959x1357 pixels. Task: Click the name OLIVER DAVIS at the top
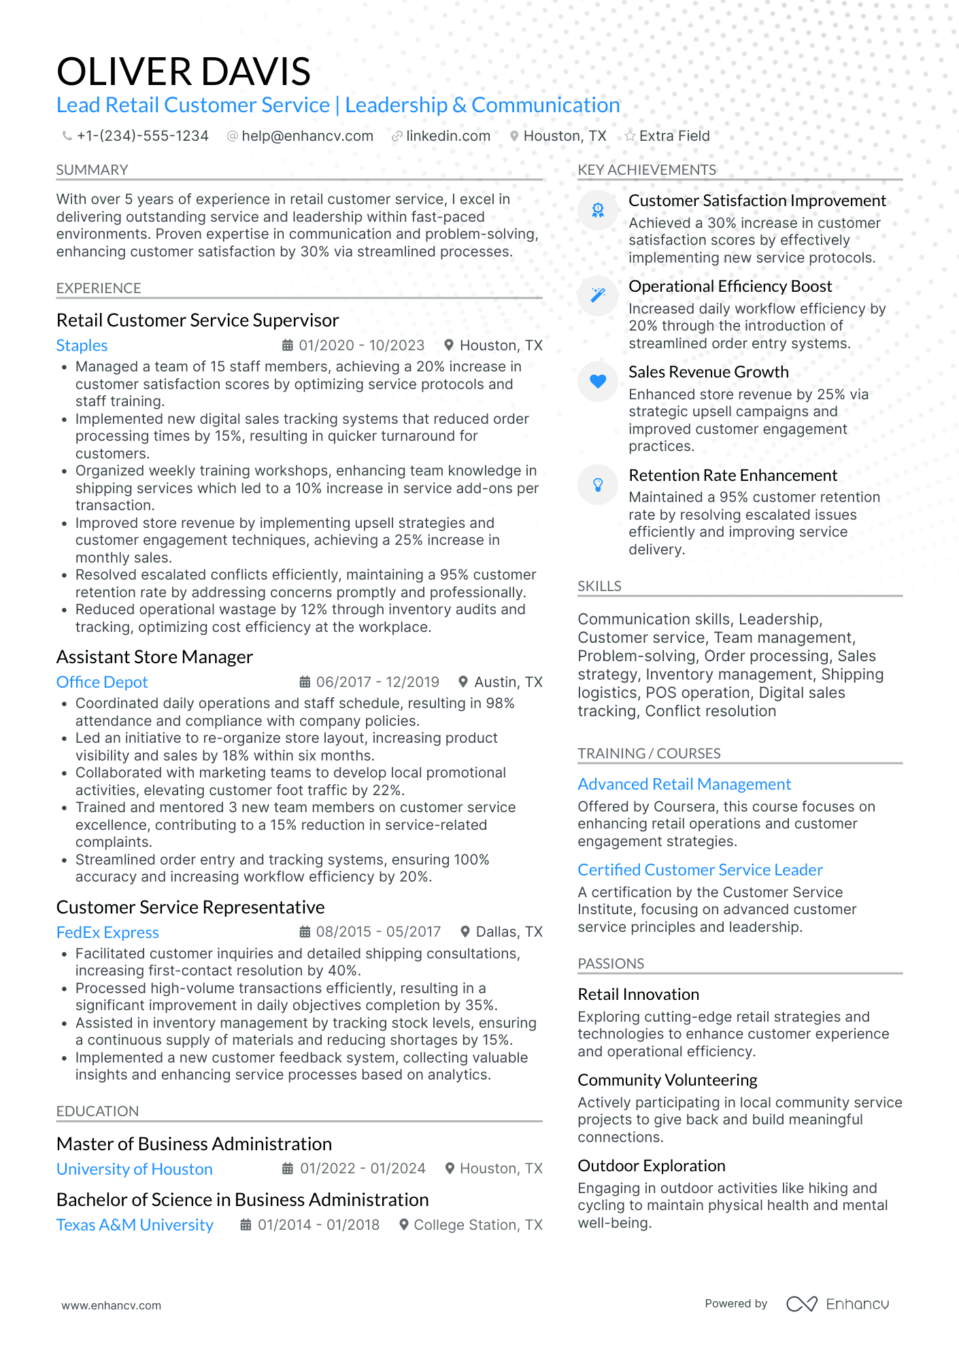183,71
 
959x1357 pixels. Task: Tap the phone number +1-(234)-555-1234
142,136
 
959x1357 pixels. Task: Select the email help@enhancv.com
307,136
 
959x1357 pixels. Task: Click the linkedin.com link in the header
448,136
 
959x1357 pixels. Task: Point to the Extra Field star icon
630,136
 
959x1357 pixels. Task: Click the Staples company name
82,346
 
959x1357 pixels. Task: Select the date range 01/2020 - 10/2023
361,346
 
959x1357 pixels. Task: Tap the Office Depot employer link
102,682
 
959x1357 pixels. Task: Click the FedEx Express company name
107,933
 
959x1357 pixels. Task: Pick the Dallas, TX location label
508,932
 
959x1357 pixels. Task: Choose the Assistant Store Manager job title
154,657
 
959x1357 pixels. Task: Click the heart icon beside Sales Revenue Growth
597,381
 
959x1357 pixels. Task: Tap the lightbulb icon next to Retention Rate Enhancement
597,484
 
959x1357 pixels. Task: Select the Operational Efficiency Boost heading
730,286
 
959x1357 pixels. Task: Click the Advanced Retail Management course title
684,784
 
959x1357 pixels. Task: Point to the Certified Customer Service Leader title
700,870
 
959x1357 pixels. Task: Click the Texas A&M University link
135,1225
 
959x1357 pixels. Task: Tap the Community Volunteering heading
667,1080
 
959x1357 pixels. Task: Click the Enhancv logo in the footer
837,1304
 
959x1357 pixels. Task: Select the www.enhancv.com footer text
112,1305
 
